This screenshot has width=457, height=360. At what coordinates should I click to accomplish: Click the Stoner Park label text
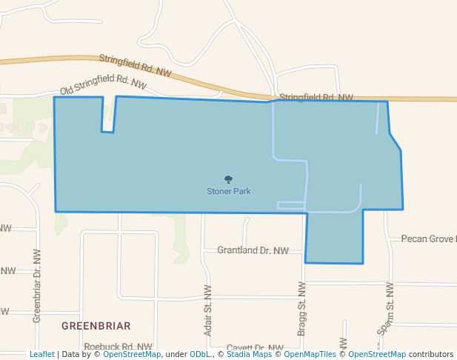tap(228, 191)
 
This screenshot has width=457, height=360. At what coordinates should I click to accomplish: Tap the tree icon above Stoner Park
tap(228, 179)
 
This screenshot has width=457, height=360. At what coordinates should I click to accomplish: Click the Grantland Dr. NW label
tap(253, 250)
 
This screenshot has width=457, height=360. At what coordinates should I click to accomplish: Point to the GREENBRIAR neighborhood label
tap(96, 326)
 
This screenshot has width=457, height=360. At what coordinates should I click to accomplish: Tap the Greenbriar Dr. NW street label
tap(36, 285)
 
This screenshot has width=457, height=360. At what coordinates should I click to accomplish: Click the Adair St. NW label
tap(208, 310)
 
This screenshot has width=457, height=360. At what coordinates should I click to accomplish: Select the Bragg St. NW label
tap(301, 308)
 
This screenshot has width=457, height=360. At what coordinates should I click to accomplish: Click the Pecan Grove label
tap(428, 239)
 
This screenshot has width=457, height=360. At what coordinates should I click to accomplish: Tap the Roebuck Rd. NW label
tap(119, 347)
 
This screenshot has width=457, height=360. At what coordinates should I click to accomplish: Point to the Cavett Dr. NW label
tap(255, 347)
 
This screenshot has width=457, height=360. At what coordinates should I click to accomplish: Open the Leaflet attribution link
tap(41, 355)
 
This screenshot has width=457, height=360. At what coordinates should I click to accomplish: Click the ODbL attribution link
tap(199, 355)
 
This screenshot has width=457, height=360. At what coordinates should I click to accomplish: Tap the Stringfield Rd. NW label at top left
tap(135, 66)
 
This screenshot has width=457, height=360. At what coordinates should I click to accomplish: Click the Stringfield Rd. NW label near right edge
tap(316, 97)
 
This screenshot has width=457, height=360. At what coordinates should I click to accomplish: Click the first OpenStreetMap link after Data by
tap(131, 355)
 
